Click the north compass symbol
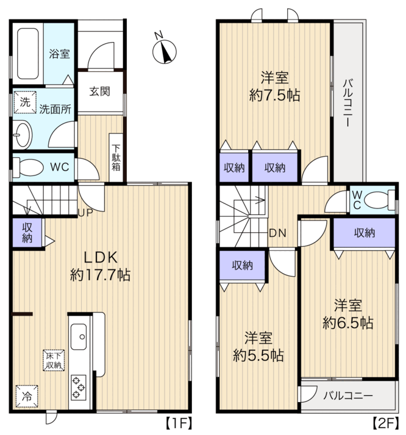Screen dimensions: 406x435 tap(164, 51)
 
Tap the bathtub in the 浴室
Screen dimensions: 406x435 tap(28, 54)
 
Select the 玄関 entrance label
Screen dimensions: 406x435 tap(99, 91)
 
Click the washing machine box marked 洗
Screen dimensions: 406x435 tap(25, 102)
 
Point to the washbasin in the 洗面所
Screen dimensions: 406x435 tap(23, 135)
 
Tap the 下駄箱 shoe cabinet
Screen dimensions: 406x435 tap(116, 158)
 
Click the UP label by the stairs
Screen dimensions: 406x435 tap(85, 213)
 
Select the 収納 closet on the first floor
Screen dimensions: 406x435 tap(27, 233)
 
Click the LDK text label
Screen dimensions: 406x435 tap(101, 258)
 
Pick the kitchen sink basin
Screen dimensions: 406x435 tap(79, 337)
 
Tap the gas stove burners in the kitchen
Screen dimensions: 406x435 tap(79, 387)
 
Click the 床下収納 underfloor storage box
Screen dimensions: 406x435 tap(54, 361)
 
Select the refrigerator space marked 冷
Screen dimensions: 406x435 tap(27, 396)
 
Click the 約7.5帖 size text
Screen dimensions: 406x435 tap(274, 96)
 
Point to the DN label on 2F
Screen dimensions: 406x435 tap(278, 233)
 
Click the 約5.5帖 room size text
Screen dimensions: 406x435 tap(258, 355)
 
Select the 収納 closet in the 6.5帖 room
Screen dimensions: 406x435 tap(364, 233)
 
